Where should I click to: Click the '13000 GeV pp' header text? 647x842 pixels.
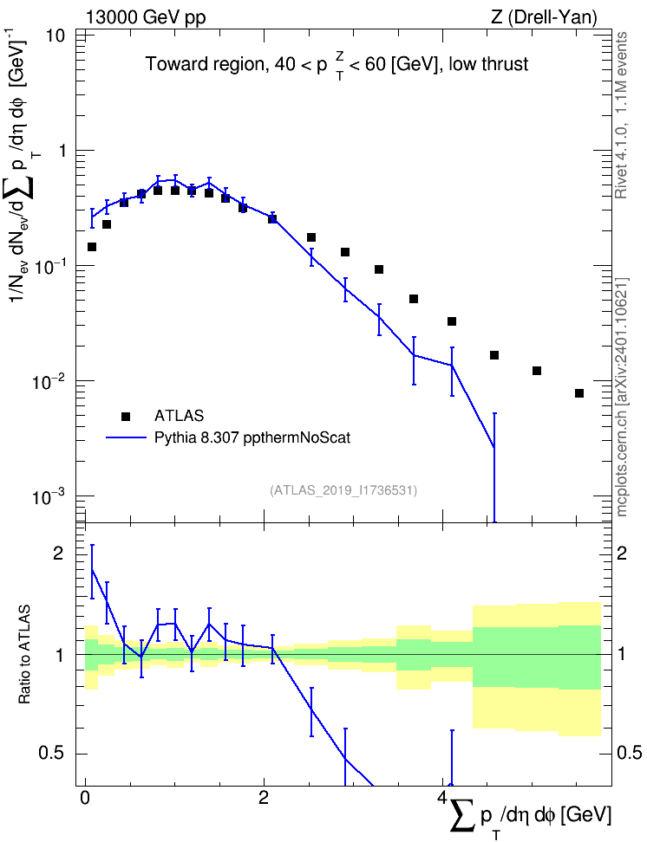coord(146,17)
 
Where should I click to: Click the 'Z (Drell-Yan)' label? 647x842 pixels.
coord(544,17)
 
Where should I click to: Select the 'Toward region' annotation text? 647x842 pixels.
coord(205,64)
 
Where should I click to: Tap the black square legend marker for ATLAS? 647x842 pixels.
coord(126,416)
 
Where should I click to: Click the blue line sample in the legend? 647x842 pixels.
coord(126,437)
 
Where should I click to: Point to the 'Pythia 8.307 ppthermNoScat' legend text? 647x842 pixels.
coord(252,438)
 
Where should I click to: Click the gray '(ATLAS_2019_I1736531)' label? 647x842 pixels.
coord(343,490)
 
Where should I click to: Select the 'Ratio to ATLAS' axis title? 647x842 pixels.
coord(25,654)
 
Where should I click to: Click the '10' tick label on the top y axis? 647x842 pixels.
coord(55,36)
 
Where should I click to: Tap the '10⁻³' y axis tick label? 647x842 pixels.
coord(50,496)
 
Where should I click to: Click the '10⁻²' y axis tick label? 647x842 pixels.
coord(50,381)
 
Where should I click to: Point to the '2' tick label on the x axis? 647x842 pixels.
coord(264,798)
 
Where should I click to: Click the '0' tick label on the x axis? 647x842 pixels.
coord(85,798)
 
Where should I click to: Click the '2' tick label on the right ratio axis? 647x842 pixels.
coord(622,553)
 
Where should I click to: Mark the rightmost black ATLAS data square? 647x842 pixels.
coord(579,393)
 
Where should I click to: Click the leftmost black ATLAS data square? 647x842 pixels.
coord(92,247)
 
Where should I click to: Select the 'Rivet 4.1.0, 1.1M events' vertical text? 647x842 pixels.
coord(621,115)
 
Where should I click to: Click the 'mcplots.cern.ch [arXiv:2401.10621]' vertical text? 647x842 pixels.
coord(621,397)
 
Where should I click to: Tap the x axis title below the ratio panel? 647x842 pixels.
coord(530,816)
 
